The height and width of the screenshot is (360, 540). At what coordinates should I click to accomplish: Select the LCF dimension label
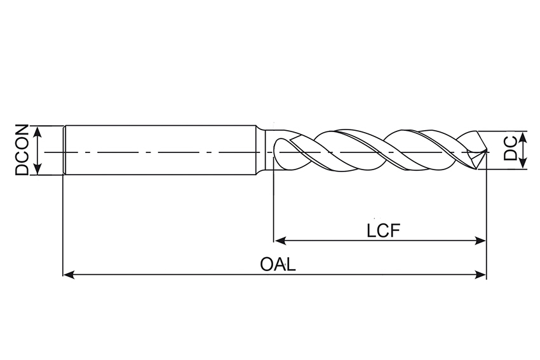pos(382,230)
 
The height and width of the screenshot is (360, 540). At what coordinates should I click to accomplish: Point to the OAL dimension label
pos(278,264)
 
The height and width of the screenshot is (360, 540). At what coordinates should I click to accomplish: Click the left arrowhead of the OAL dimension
pos(69,275)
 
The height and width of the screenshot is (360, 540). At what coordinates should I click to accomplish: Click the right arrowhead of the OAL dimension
pos(481,275)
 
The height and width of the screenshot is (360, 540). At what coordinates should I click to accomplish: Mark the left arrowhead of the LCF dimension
pos(280,241)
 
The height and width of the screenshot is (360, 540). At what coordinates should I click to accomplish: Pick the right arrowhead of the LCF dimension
pos(481,241)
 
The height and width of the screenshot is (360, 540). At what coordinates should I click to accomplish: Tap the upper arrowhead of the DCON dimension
pos(39,131)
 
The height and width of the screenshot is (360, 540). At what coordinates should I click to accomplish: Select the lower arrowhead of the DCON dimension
pos(39,170)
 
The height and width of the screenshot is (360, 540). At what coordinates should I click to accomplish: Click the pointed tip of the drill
pos(486,152)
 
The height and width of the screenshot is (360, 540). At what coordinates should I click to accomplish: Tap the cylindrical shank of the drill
pos(159,150)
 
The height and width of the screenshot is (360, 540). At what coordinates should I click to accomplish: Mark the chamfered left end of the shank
pos(65,150)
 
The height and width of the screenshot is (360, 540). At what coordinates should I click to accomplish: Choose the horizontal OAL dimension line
pos(191,275)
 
